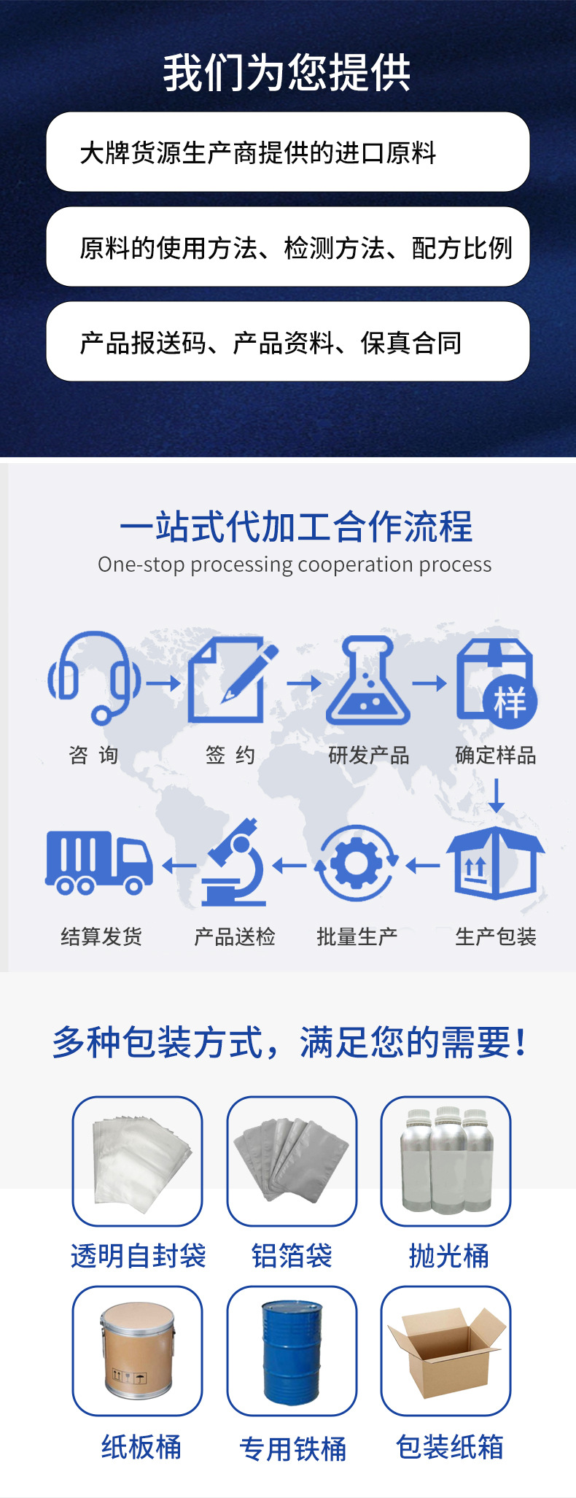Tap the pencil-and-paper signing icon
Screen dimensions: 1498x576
point(232,679)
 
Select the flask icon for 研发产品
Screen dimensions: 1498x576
point(368,680)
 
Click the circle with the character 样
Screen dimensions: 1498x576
point(510,702)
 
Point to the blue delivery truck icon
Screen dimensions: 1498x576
point(99,862)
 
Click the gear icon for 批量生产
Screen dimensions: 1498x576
point(357,864)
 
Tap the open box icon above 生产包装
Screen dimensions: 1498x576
point(495,864)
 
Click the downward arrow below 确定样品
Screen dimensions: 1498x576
point(496,796)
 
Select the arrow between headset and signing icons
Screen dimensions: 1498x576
point(163,683)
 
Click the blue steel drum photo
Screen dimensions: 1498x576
point(292,1351)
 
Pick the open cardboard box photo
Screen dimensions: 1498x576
point(445,1351)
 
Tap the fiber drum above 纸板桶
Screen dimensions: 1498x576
point(137,1351)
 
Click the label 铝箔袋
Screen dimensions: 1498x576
point(292,1256)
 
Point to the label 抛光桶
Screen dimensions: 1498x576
point(448,1256)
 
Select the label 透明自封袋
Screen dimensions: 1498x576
point(138,1256)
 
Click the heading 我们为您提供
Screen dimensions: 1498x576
point(287,73)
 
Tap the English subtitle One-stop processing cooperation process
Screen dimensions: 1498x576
point(295,564)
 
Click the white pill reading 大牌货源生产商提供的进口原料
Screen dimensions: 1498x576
point(287,152)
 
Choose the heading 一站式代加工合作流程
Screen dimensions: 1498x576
point(296,527)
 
